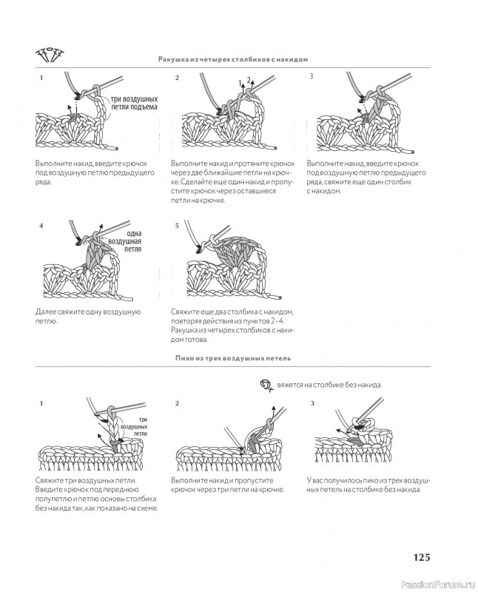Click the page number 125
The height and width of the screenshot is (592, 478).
422,557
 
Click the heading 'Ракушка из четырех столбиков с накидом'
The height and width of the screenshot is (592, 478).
232,58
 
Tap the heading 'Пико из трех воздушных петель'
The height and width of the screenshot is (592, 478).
232,357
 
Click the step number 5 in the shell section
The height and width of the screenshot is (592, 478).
177,225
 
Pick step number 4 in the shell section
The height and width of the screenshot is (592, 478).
41,225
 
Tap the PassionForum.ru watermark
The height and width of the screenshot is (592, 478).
441,582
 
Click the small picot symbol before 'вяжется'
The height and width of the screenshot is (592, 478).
266,385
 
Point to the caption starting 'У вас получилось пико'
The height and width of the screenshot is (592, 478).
368,485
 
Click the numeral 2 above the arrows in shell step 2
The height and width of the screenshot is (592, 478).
249,79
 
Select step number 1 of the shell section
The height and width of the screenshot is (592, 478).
41,78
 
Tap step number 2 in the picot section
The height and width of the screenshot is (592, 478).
177,404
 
